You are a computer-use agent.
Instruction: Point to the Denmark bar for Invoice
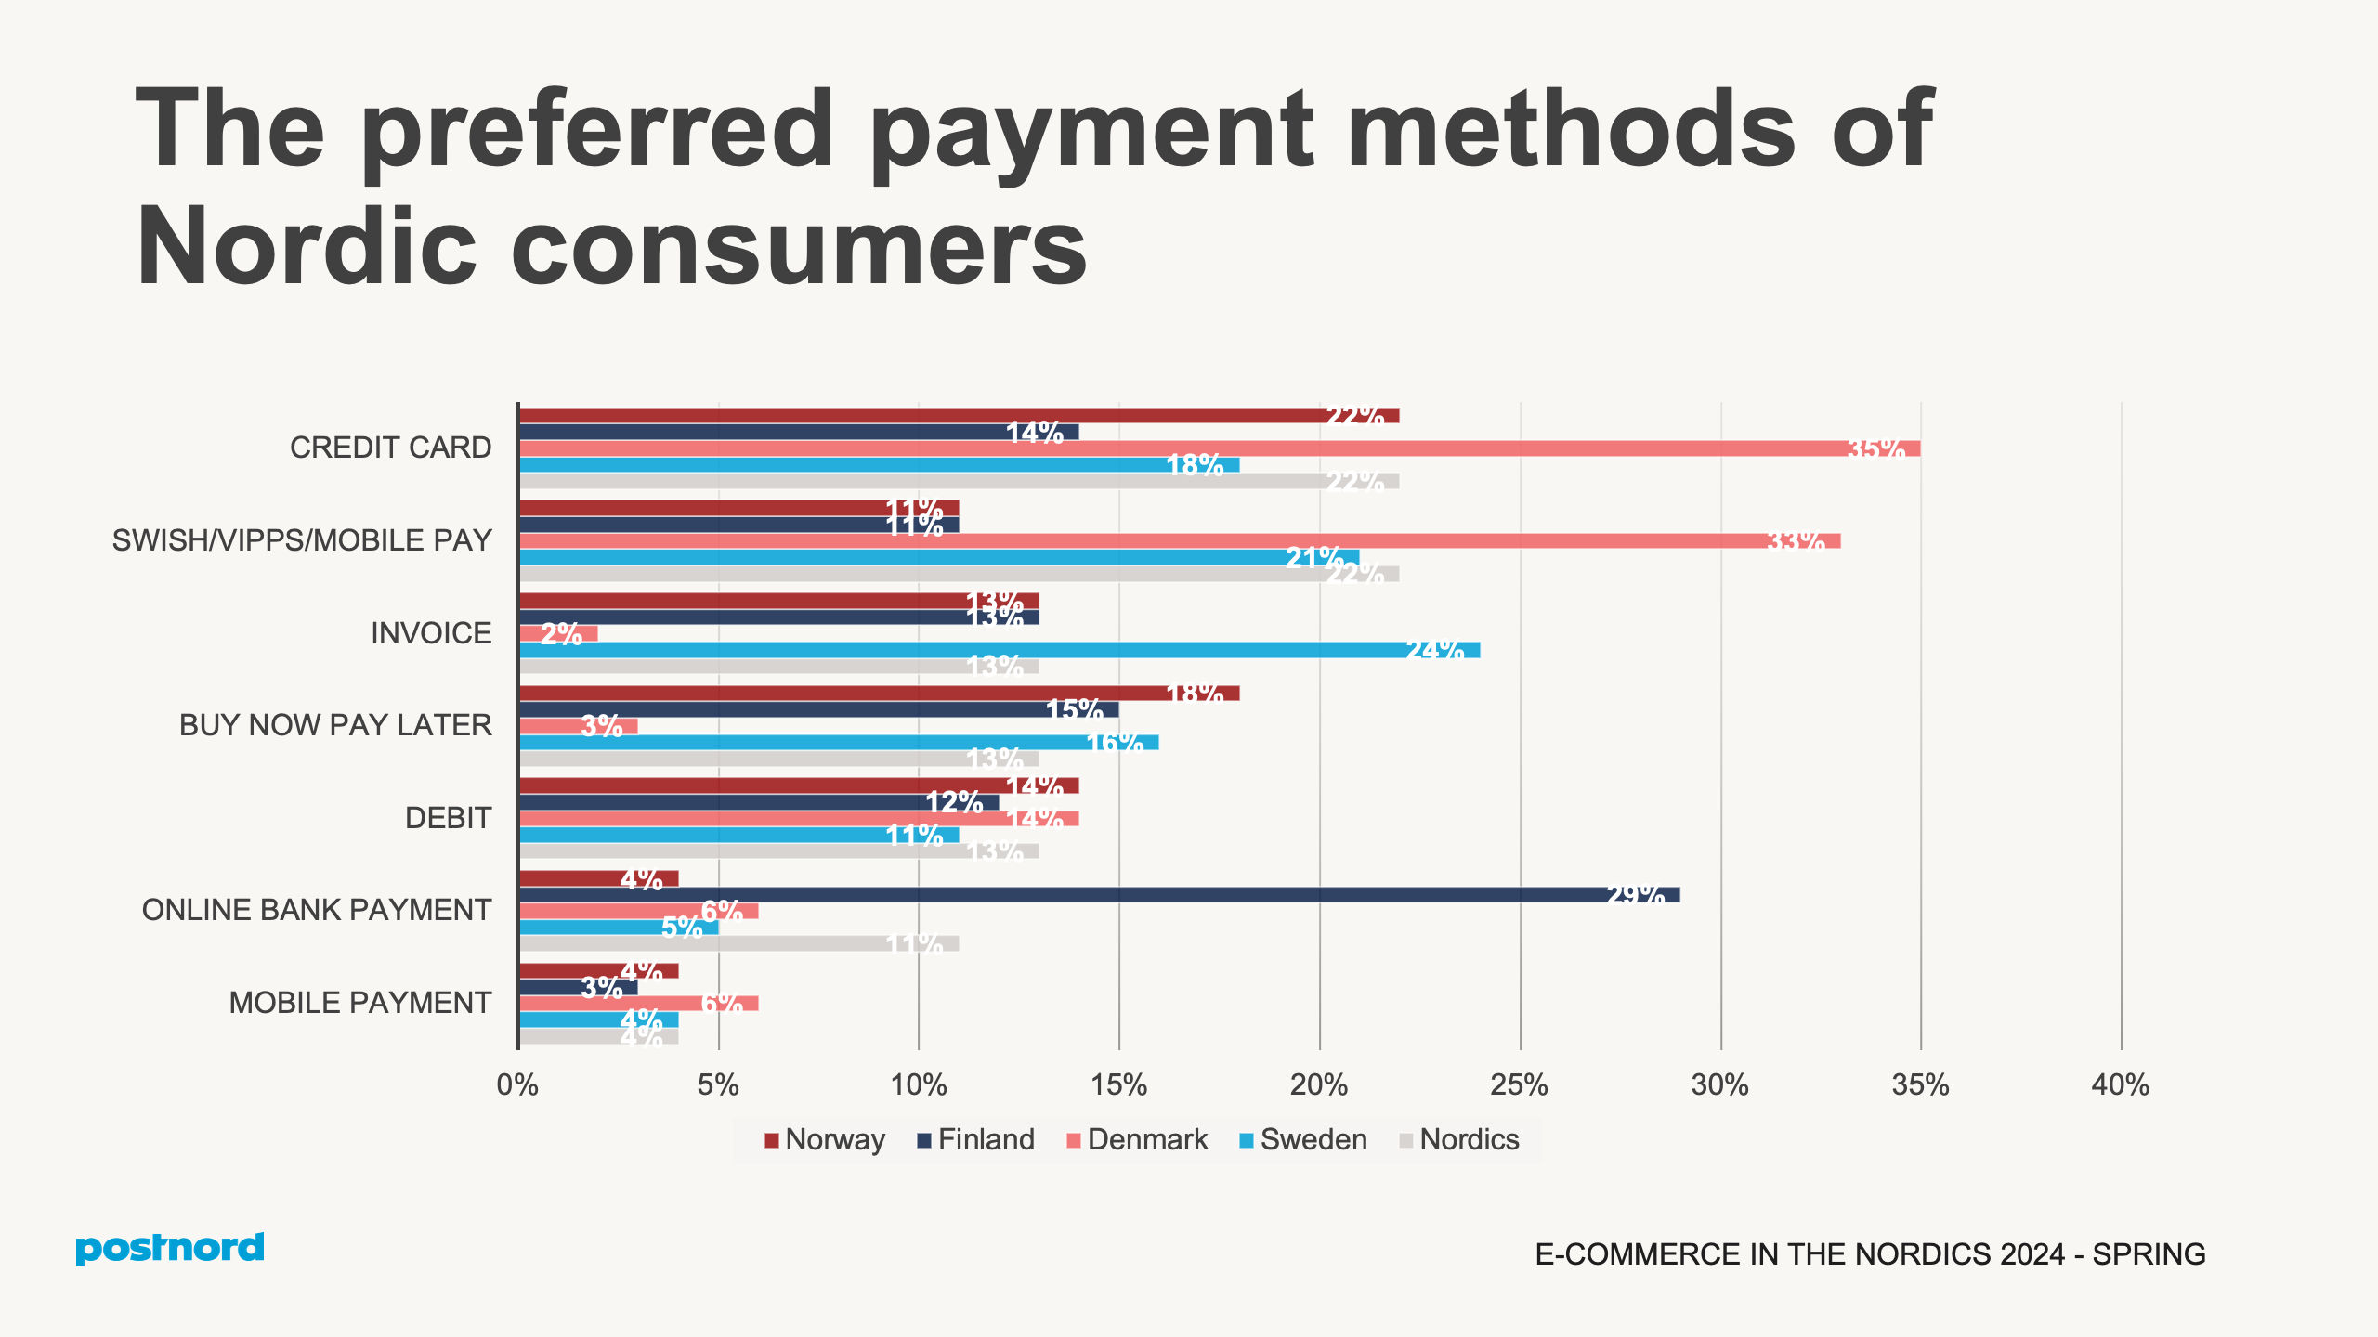(558, 634)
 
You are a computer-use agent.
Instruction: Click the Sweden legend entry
(1303, 1140)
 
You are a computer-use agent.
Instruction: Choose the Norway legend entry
(825, 1140)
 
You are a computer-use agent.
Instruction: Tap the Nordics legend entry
(1459, 1140)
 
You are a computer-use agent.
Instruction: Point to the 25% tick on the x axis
(1520, 1085)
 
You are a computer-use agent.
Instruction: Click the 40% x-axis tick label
(2121, 1085)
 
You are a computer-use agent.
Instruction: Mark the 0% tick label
(517, 1085)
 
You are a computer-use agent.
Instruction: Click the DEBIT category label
(448, 818)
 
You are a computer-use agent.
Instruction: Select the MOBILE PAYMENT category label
(359, 1004)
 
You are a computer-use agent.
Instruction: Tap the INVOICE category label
(431, 633)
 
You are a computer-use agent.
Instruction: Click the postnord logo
(170, 1249)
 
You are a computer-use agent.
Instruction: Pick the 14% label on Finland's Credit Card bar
(1035, 433)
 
